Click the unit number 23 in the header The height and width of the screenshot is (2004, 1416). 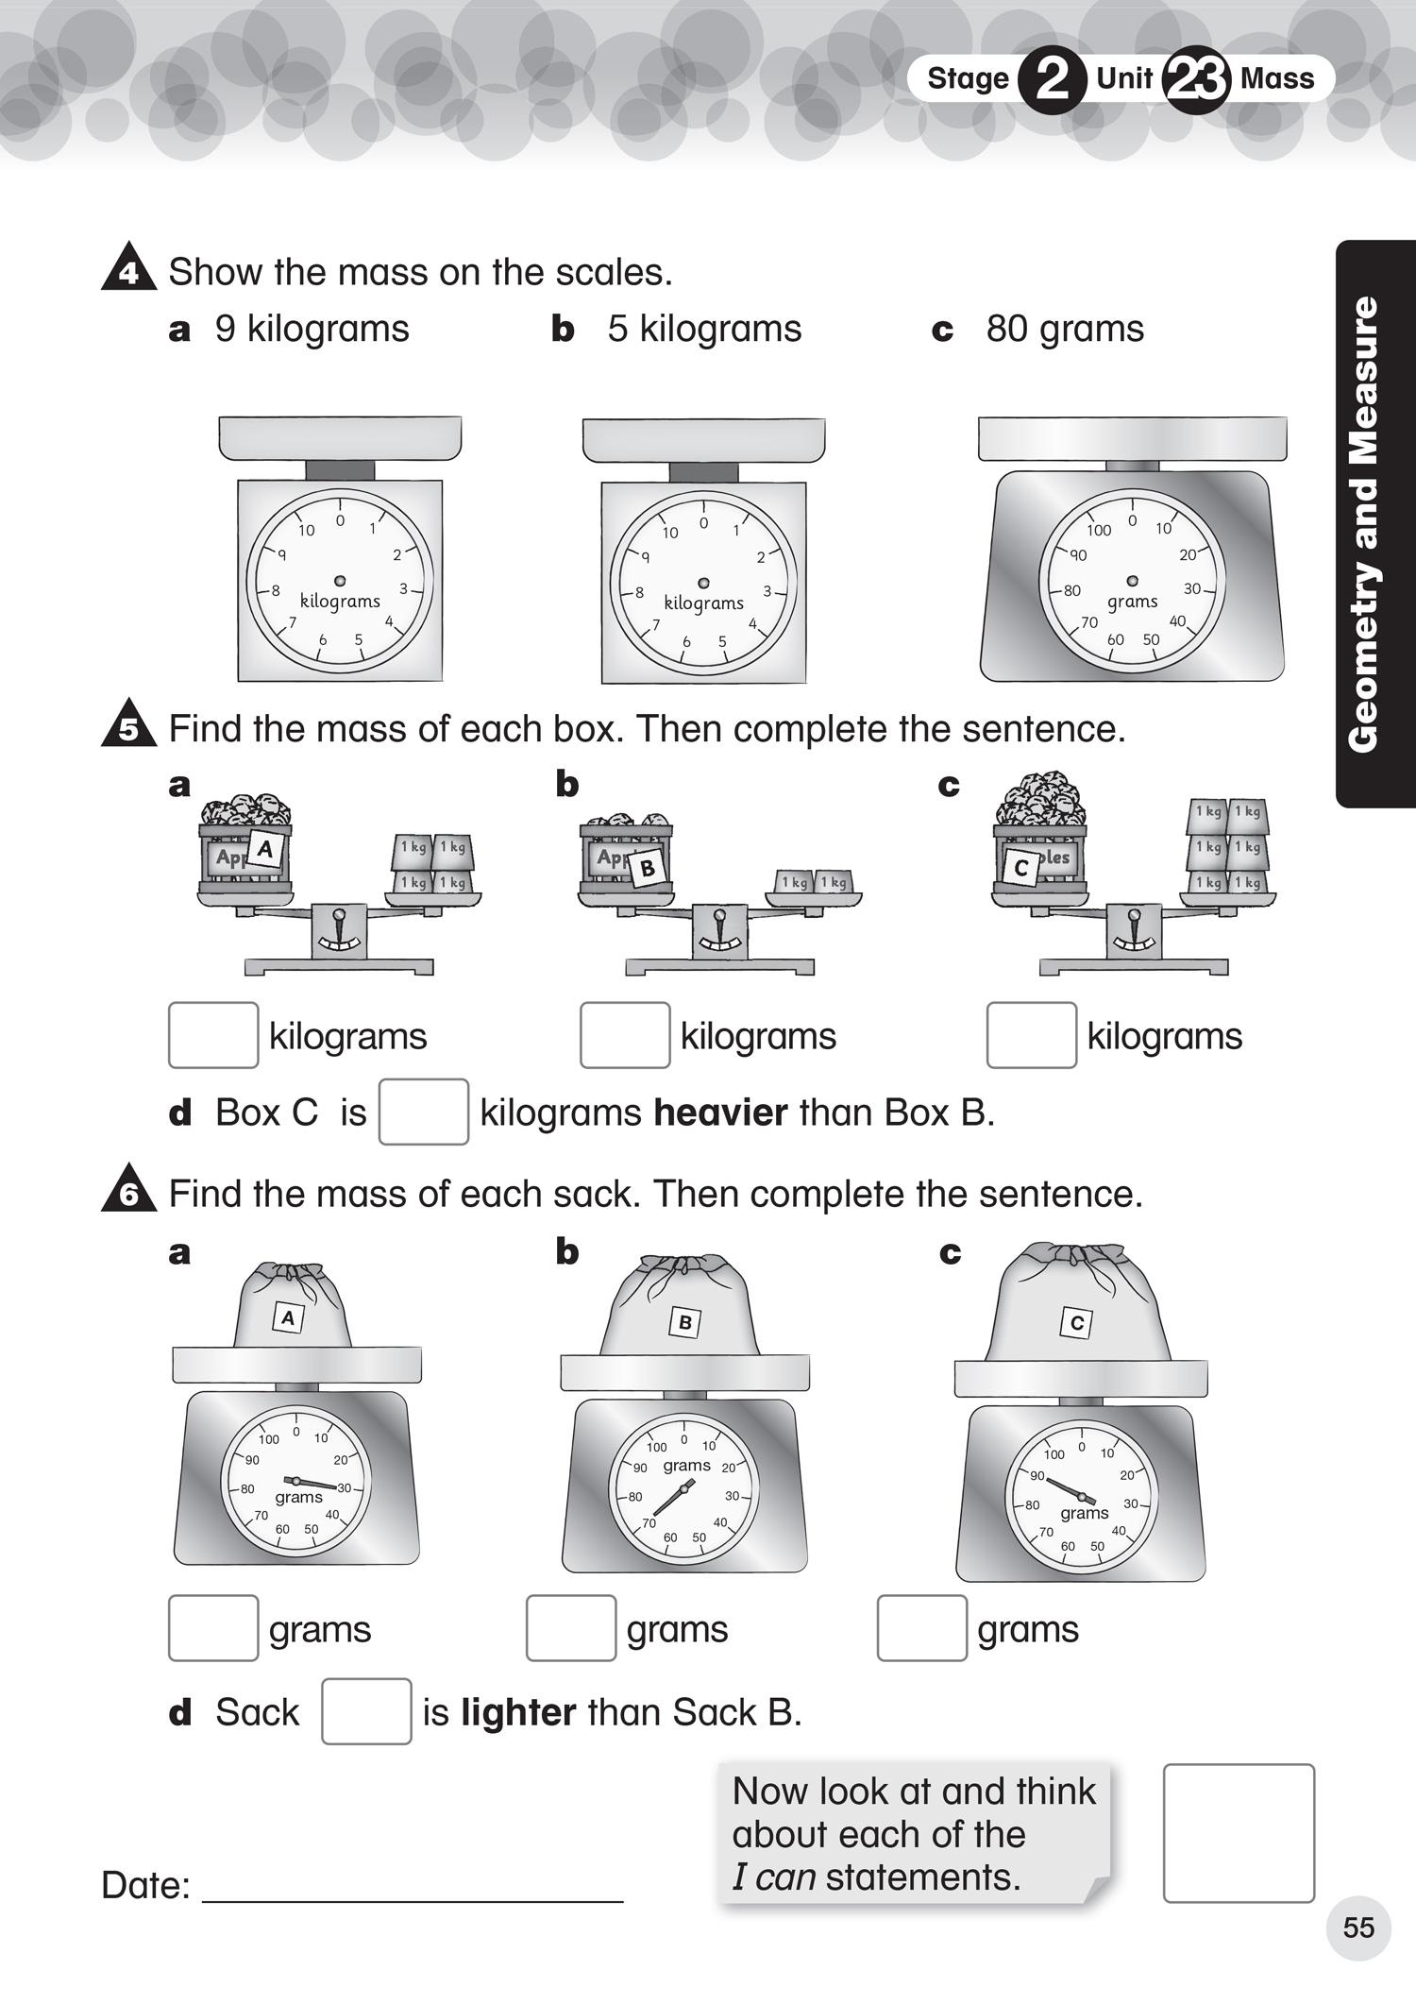click(1196, 80)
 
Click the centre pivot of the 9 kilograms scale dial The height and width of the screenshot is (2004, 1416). click(340, 581)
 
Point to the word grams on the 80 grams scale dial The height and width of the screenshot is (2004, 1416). click(1132, 602)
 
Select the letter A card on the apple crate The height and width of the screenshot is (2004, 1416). click(265, 848)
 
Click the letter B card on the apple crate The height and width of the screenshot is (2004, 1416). click(648, 868)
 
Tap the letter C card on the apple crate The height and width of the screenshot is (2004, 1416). click(1020, 867)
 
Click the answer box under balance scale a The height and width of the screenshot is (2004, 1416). click(213, 1035)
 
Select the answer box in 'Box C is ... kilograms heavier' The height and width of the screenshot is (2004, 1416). click(424, 1112)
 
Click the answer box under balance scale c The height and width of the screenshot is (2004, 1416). click(1031, 1035)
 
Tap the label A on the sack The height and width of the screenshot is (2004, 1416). click(289, 1317)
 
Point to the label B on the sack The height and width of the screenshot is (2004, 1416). click(685, 1322)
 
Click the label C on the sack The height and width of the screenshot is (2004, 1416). click(1076, 1323)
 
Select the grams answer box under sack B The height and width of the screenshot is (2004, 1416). click(571, 1628)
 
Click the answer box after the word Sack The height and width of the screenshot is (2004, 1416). click(366, 1711)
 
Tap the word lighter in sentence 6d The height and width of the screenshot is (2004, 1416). click(518, 1712)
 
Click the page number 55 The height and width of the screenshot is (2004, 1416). click(1358, 1928)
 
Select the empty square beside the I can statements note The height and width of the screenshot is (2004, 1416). click(1239, 1833)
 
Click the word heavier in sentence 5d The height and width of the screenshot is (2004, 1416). click(720, 1112)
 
